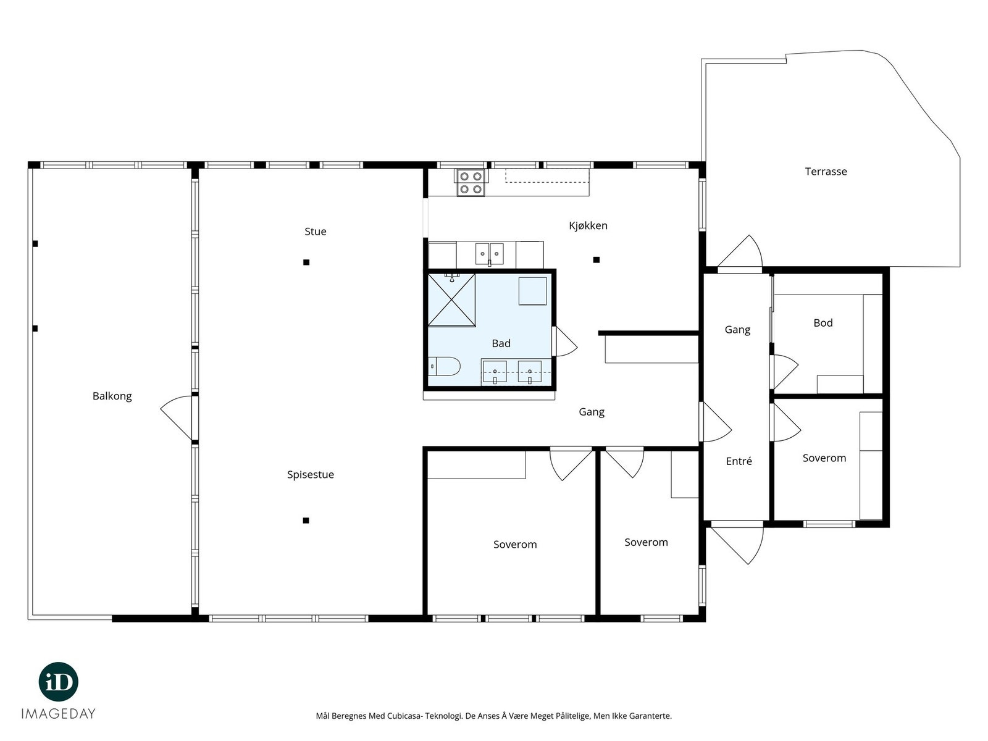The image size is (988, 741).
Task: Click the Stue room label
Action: [x=315, y=231]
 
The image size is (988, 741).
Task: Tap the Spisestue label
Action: [x=311, y=475]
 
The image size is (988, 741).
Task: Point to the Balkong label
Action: [x=112, y=396]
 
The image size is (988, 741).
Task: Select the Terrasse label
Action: [x=826, y=172]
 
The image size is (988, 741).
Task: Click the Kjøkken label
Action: [x=588, y=225]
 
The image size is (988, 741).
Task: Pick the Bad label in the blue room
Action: [x=501, y=343]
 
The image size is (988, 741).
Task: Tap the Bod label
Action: [x=823, y=322]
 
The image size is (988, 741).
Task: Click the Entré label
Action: [x=739, y=461]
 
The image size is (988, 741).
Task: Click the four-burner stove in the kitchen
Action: [x=471, y=183]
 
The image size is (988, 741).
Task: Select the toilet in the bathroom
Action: [x=444, y=366]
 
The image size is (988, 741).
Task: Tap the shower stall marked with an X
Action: [x=451, y=299]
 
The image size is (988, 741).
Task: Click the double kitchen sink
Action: [x=490, y=254]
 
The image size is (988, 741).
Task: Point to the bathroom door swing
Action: [x=564, y=341]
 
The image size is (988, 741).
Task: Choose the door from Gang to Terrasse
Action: [x=740, y=254]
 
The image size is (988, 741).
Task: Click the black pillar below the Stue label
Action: [x=306, y=262]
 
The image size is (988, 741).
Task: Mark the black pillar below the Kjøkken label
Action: [x=596, y=259]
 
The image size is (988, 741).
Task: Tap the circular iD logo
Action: [x=59, y=682]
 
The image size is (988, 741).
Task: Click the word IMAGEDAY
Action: [x=59, y=714]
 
